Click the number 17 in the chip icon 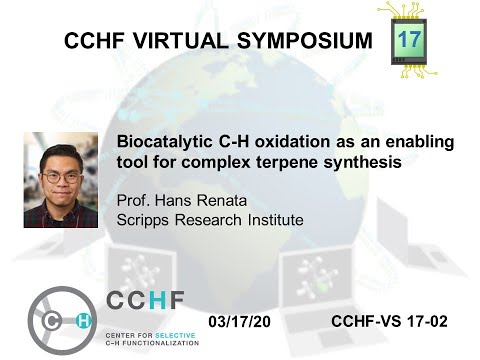pyautogui.click(x=409, y=39)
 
